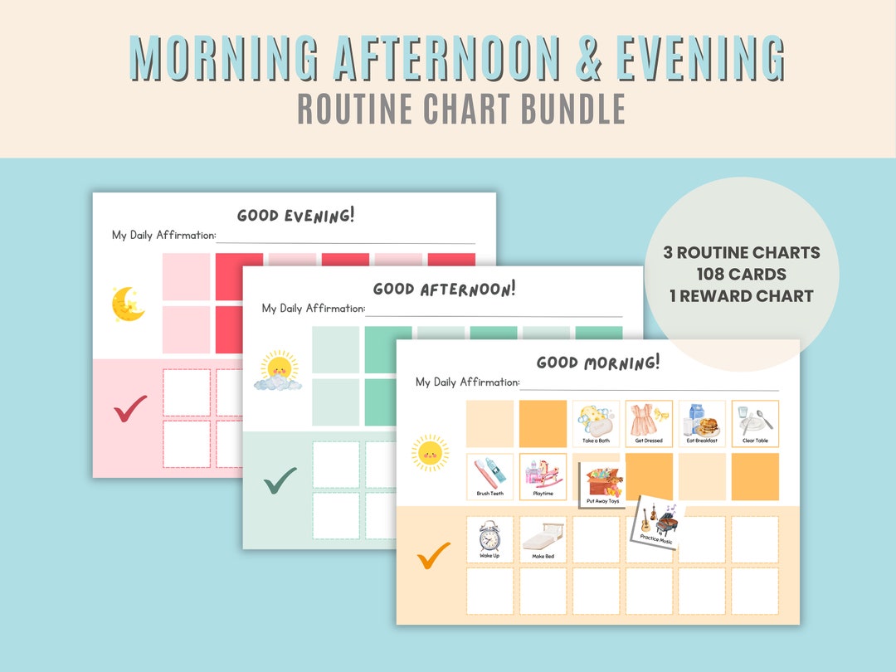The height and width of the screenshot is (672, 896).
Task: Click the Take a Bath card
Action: [x=596, y=423]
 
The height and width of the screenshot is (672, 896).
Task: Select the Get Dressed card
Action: [x=649, y=423]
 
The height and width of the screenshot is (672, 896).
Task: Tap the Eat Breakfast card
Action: [x=702, y=423]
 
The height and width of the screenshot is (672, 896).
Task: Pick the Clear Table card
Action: [x=755, y=423]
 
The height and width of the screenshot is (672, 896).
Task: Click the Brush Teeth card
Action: [x=489, y=476]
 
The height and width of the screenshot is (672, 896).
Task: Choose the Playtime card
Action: [x=543, y=476]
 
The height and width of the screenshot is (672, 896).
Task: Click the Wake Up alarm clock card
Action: [x=489, y=539]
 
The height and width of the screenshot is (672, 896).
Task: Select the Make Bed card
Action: [x=543, y=539]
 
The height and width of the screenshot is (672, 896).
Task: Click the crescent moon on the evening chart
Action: [x=128, y=304]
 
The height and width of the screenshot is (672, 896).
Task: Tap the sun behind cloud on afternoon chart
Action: [x=277, y=370]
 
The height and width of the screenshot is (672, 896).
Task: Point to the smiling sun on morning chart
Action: [x=430, y=452]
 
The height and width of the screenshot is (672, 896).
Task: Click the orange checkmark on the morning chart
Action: [x=433, y=555]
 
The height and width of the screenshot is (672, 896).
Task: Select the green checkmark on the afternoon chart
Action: [x=280, y=479]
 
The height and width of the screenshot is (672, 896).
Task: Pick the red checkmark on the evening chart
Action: [x=129, y=407]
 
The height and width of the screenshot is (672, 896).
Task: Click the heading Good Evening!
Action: [x=295, y=216]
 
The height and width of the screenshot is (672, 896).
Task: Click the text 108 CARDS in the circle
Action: [x=742, y=274]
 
